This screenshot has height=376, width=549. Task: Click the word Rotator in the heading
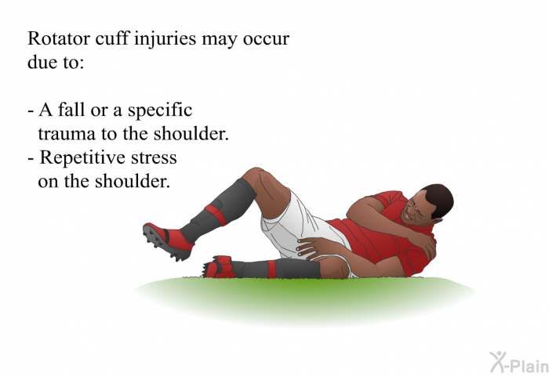tap(59, 38)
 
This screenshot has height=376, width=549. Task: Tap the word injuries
tap(165, 39)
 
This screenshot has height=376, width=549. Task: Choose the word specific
tap(160, 110)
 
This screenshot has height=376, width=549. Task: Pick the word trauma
tap(67, 134)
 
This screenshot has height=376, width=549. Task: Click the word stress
tap(154, 158)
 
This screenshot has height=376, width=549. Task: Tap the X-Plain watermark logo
tap(519, 363)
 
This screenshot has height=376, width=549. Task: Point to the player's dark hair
tap(440, 200)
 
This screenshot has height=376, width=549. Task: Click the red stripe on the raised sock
tap(216, 215)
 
